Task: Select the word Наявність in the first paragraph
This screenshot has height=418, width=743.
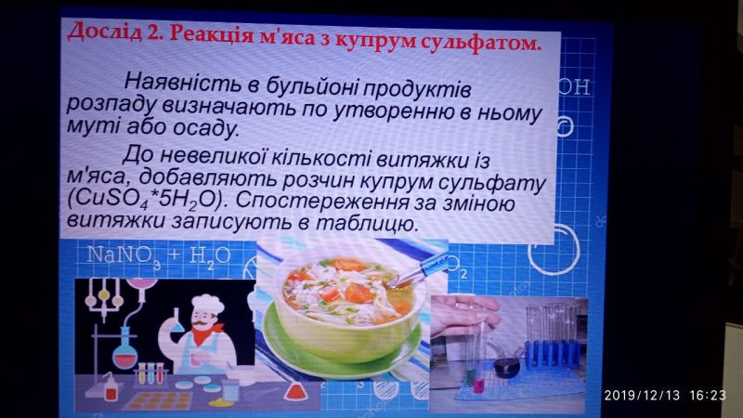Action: pos(182,82)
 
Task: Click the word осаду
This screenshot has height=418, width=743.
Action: pos(206,128)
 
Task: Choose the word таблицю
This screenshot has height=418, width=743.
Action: pos(367,223)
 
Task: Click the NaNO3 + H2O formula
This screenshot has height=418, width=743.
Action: pos(159,257)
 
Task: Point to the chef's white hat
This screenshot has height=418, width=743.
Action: pos(207,305)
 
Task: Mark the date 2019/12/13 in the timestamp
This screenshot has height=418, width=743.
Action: pos(642,395)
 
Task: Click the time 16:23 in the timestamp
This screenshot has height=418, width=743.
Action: pos(708,395)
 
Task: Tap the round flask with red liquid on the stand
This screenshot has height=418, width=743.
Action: pos(124,353)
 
